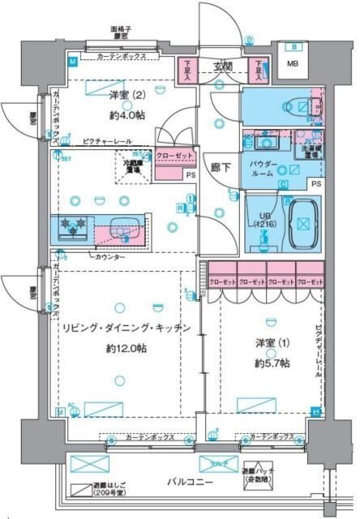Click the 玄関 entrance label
click(223, 66)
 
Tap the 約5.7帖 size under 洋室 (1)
click(270, 363)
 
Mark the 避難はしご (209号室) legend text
click(92, 490)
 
